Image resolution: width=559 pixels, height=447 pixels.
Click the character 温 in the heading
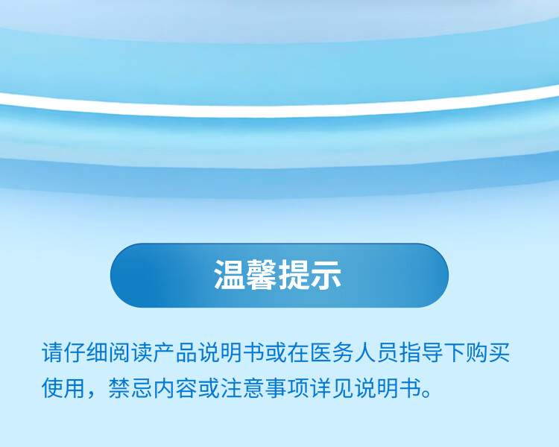pyautogui.click(x=230, y=274)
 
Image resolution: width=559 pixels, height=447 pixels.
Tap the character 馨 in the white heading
pyautogui.click(x=262, y=274)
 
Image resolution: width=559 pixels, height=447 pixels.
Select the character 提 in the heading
pyautogui.click(x=294, y=274)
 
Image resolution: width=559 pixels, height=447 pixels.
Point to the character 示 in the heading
pyautogui.click(x=326, y=274)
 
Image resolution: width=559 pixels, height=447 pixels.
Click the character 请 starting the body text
pyautogui.click(x=53, y=352)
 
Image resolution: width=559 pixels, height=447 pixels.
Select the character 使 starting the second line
pyautogui.click(x=53, y=387)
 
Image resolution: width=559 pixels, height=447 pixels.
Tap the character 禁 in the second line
pyautogui.click(x=120, y=387)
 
